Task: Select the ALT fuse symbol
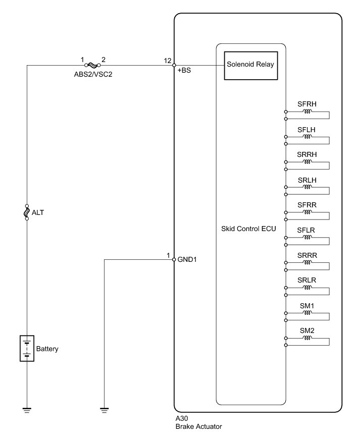tap(27, 213)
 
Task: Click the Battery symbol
tap(27, 348)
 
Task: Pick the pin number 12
tap(168, 61)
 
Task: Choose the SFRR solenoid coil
tap(307, 212)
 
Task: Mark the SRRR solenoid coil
tap(307, 262)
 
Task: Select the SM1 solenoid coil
tap(307, 313)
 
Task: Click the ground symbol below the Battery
tap(27, 409)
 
